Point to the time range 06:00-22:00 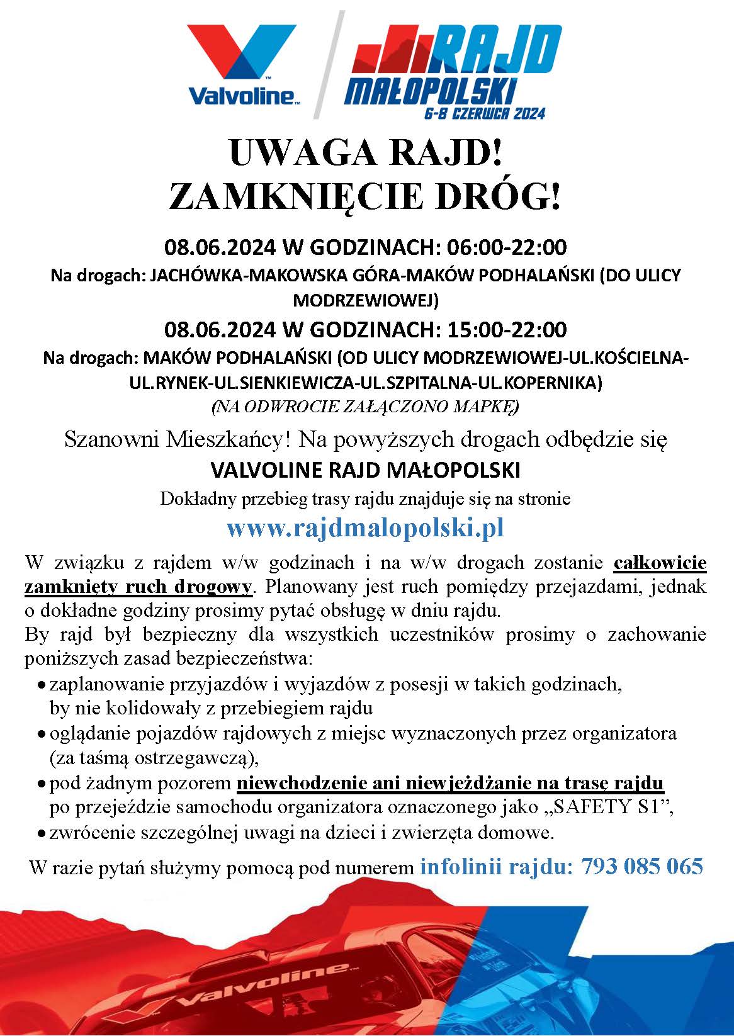coord(506,247)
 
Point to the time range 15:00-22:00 coord(506,329)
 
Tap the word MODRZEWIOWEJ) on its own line coord(366,300)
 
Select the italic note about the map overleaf coord(366,407)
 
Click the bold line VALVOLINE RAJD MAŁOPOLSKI coord(366,470)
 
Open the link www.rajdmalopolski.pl coord(366,527)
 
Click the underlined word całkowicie coord(660,562)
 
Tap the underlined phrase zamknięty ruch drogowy coord(138,587)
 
